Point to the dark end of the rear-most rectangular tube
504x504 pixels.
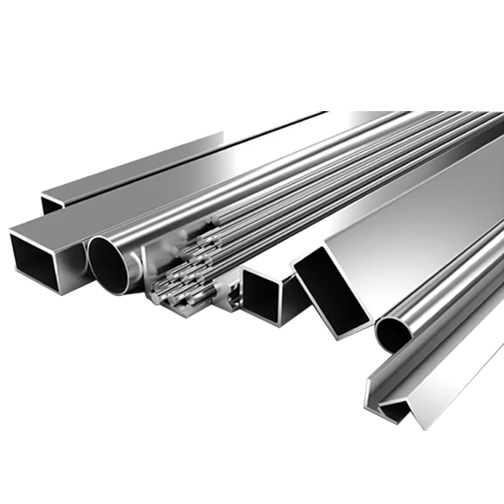[51, 203]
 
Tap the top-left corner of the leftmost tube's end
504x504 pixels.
[11, 230]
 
